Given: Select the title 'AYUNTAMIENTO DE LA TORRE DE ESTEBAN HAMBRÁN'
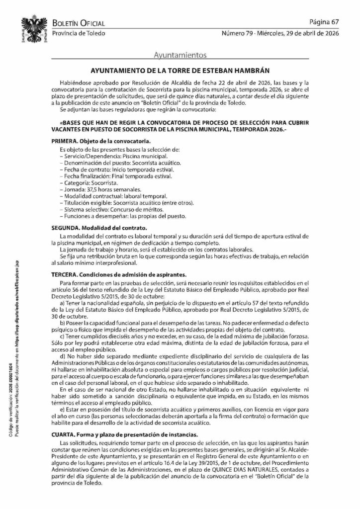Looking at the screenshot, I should (x=180, y=71).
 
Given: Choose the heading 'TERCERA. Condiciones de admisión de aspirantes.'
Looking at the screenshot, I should (x=119, y=274).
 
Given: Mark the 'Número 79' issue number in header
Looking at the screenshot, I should (x=238, y=33).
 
